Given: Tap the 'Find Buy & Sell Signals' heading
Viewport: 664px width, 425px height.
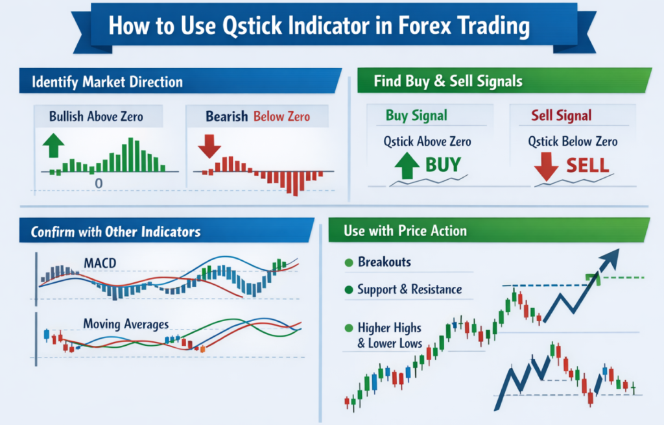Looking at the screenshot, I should [448, 82].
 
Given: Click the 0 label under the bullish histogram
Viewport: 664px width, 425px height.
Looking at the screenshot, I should [99, 184].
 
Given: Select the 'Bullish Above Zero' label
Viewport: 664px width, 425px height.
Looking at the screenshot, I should [96, 117].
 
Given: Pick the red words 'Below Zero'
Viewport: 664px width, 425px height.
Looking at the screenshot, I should [281, 117].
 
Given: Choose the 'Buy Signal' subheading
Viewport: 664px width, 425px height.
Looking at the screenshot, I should [416, 115].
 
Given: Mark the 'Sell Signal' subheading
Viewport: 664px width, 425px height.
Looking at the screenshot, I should [561, 115].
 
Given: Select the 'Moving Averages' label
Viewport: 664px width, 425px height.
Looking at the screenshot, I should [126, 324].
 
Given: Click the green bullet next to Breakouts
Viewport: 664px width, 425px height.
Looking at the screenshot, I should [348, 263].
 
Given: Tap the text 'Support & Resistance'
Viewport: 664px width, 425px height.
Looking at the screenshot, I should [410, 289].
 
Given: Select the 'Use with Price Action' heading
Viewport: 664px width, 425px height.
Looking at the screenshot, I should [405, 231].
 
